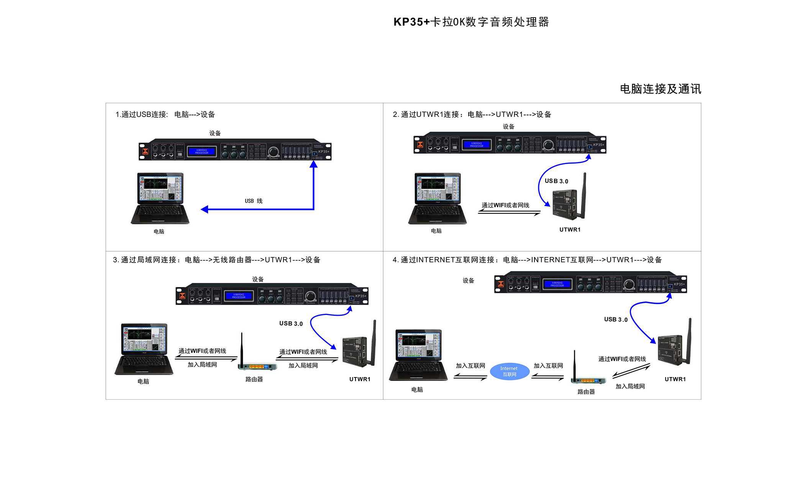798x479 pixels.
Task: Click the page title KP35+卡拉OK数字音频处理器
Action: click(471, 22)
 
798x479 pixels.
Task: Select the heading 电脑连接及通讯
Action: click(660, 89)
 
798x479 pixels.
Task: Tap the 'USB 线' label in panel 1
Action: click(254, 201)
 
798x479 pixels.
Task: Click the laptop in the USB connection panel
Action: click(160, 198)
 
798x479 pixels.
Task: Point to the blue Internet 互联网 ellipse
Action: click(509, 371)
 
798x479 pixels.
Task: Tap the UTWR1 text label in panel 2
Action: click(570, 230)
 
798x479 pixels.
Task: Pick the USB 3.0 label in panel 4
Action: click(616, 319)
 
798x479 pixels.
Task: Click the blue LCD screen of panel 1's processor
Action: click(202, 151)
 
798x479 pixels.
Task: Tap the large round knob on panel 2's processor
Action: click(548, 145)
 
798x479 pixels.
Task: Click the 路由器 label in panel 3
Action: click(254, 379)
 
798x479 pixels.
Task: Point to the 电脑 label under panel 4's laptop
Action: click(417, 389)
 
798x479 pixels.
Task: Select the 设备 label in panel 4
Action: click(468, 281)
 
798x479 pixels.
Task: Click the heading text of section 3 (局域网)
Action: click(216, 260)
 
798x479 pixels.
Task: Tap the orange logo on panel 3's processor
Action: click(182, 296)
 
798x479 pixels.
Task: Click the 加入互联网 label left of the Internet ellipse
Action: click(470, 366)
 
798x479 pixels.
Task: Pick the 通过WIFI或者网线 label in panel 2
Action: click(505, 205)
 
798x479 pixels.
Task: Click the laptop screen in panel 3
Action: click(144, 339)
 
